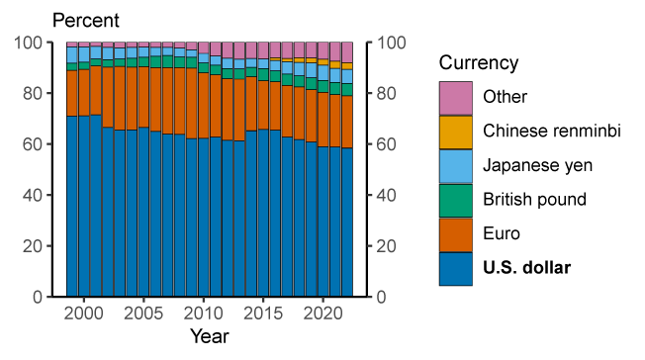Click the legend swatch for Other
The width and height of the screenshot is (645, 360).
(x=455, y=97)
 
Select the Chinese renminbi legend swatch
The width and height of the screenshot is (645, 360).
(x=455, y=132)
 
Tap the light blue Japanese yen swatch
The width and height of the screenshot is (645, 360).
(x=455, y=165)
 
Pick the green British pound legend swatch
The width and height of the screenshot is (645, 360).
(x=455, y=200)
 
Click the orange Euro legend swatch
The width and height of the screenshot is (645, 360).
(x=455, y=233)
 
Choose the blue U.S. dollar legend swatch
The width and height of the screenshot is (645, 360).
(x=455, y=268)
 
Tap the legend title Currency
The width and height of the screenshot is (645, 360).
(x=479, y=63)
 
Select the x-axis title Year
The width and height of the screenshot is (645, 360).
(x=209, y=337)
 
